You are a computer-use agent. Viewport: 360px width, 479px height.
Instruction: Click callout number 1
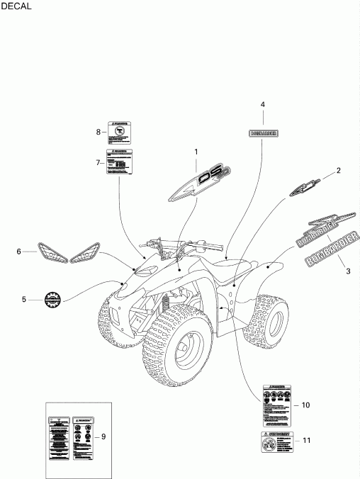click(x=196, y=152)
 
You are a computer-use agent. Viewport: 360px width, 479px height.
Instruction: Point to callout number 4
click(x=263, y=104)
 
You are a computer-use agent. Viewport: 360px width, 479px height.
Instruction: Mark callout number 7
click(x=99, y=162)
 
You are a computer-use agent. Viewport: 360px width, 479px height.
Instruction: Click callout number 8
click(x=99, y=131)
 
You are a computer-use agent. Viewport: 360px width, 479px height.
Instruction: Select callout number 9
click(x=103, y=436)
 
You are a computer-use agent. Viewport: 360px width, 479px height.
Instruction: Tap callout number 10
click(x=305, y=405)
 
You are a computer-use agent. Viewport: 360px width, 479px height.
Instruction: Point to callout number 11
click(x=306, y=439)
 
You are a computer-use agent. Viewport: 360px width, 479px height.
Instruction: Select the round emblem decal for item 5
click(x=55, y=300)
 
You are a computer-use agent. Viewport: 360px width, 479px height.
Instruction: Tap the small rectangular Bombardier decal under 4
click(x=263, y=133)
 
